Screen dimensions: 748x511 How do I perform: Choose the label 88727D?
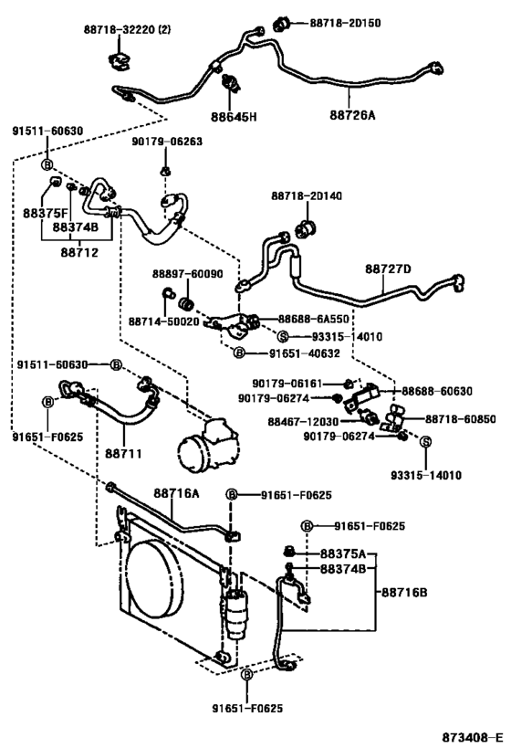coord(389,269)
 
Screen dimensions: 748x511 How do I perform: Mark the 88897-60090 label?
coord(186,273)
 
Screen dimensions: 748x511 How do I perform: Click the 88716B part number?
coord(409,593)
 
